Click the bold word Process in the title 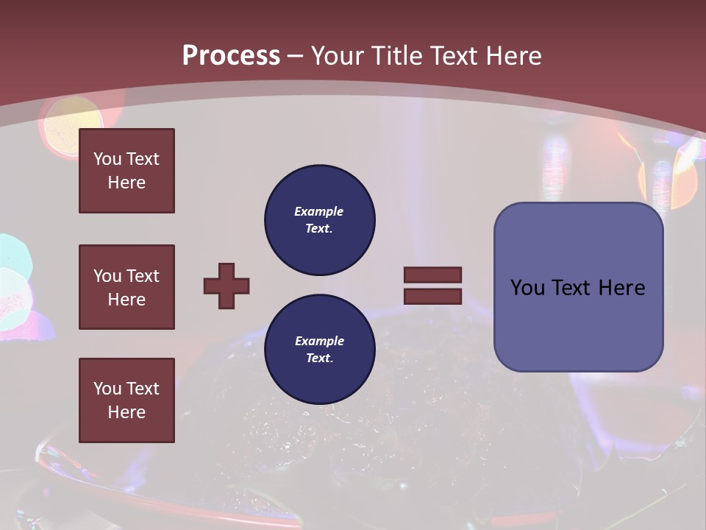click(231, 56)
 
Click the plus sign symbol click(227, 286)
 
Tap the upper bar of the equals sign click(432, 275)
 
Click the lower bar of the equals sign click(432, 296)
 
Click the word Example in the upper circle click(318, 211)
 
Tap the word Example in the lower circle click(319, 341)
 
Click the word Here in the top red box click(126, 183)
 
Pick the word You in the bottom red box click(107, 389)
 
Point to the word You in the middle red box click(107, 276)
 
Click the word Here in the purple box click(621, 288)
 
